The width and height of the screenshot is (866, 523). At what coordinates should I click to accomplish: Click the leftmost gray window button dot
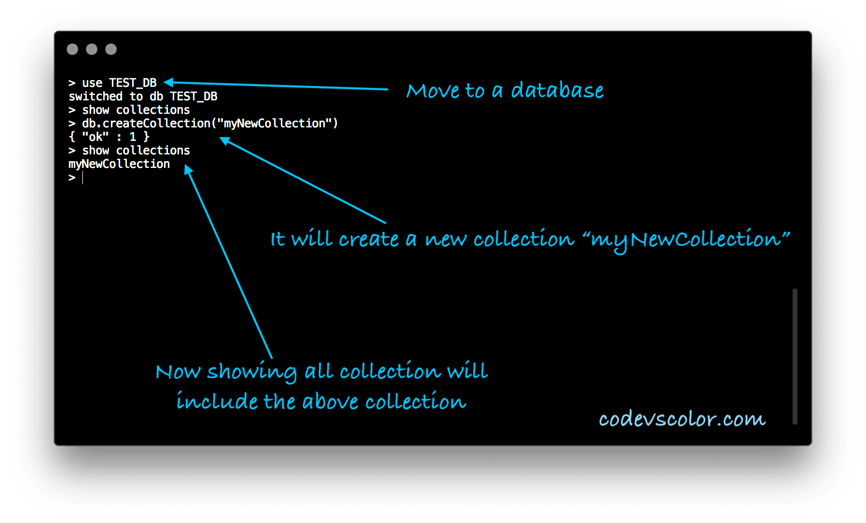tap(72, 49)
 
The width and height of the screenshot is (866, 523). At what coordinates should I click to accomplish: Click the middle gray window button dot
tap(92, 49)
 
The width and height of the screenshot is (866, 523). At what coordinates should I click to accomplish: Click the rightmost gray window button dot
tap(111, 49)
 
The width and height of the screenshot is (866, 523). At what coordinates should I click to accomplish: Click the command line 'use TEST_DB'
tap(119, 83)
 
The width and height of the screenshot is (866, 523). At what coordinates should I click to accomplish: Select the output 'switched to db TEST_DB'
tap(143, 96)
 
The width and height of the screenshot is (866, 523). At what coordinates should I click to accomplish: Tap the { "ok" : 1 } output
tap(109, 137)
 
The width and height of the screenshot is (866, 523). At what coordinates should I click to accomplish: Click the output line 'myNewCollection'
tap(119, 164)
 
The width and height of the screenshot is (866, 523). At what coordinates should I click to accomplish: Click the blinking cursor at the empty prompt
tap(83, 178)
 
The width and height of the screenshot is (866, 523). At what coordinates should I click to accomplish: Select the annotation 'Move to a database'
tap(505, 91)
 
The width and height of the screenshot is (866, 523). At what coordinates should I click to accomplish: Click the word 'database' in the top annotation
tap(558, 91)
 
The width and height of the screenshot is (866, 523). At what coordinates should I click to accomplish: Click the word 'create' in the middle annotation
tap(368, 239)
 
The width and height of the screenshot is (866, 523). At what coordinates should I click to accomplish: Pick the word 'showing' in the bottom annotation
tap(252, 372)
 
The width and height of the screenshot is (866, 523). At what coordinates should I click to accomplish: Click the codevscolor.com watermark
tap(682, 419)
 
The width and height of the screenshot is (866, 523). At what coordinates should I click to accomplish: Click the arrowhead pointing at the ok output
tap(225, 141)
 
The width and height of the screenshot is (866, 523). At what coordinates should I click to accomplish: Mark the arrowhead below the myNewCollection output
tap(188, 170)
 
